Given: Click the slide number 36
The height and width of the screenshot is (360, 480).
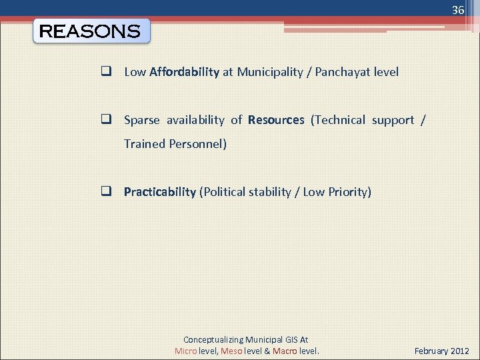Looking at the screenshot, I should [x=457, y=10].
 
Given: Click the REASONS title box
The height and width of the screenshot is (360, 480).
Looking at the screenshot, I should [x=91, y=31].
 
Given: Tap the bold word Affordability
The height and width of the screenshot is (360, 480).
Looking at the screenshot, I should [x=185, y=72].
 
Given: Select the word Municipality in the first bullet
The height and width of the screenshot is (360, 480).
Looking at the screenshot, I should [x=270, y=72].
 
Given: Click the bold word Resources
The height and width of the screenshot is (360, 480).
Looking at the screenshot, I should [x=276, y=120].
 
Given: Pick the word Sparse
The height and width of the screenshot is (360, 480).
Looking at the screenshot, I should [x=142, y=120].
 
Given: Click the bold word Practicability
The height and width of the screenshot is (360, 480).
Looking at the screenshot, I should [x=160, y=192].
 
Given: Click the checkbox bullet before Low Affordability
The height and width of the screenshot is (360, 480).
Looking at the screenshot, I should [x=105, y=72].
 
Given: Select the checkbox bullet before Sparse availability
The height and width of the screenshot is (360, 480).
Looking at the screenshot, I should [x=105, y=120].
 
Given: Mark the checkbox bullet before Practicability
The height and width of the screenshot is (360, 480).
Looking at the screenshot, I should [x=105, y=192].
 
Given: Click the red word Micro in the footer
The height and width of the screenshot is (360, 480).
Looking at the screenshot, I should [x=186, y=351].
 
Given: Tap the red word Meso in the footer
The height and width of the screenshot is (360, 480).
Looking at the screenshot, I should [x=231, y=351].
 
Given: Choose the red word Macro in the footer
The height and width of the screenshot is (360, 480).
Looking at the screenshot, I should [x=285, y=351].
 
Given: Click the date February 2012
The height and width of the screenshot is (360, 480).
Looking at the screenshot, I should [x=442, y=351].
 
